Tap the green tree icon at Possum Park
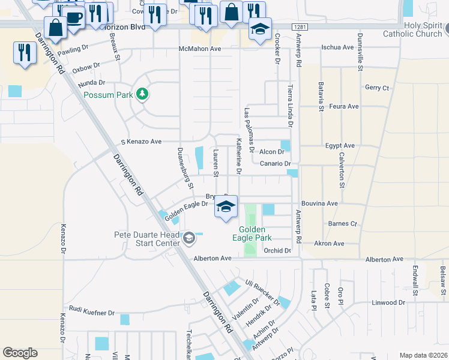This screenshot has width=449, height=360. pyautogui.click(x=142, y=94)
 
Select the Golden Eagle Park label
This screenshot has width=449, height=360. pyautogui.click(x=256, y=233)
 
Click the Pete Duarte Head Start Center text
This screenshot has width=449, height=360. pyautogui.click(x=147, y=239)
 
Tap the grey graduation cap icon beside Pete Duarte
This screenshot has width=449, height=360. pyautogui.click(x=188, y=239)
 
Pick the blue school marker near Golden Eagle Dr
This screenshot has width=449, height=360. pyautogui.click(x=226, y=208)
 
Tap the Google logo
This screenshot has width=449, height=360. pyautogui.click(x=20, y=353)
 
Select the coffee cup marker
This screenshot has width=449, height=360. pyautogui.click(x=74, y=17)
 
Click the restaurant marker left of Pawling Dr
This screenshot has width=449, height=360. pyautogui.click(x=25, y=52)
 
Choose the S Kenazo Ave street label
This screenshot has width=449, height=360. pyautogui.click(x=141, y=142)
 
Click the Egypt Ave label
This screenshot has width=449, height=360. pyautogui.click(x=340, y=146)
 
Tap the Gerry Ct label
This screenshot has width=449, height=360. pyautogui.click(x=377, y=88)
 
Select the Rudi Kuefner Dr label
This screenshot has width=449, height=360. pyautogui.click(x=92, y=313)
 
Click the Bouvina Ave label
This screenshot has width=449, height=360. pyautogui.click(x=319, y=204)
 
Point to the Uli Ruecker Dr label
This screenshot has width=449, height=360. pyautogui.click(x=262, y=290)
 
